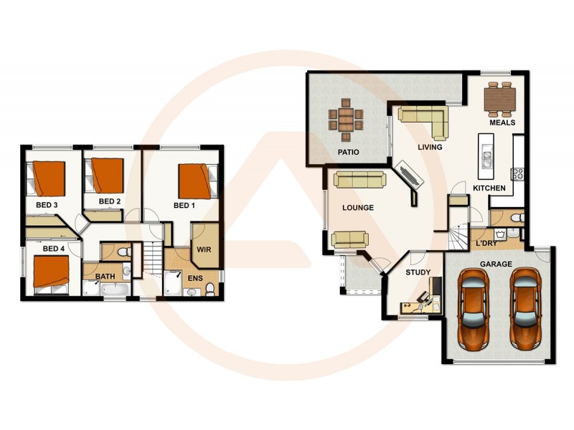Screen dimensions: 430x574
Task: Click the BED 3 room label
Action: pyautogui.click(x=47, y=205)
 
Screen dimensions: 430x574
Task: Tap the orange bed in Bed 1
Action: pyautogui.click(x=195, y=181)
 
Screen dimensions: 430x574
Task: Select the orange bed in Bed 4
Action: pyautogui.click(x=52, y=272)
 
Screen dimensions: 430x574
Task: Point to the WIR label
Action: pyautogui.click(x=204, y=250)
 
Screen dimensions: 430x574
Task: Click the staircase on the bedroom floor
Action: pyautogui.click(x=151, y=258)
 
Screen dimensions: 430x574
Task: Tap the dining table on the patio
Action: pyautogui.click(x=345, y=120)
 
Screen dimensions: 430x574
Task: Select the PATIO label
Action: pyautogui.click(x=348, y=153)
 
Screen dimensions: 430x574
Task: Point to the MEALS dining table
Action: pyautogui.click(x=500, y=100)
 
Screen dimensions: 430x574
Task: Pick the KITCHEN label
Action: pyautogui.click(x=489, y=188)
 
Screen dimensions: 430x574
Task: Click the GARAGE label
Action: pyautogui.click(x=496, y=264)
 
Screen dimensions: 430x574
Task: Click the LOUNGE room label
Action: pyautogui.click(x=358, y=208)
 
